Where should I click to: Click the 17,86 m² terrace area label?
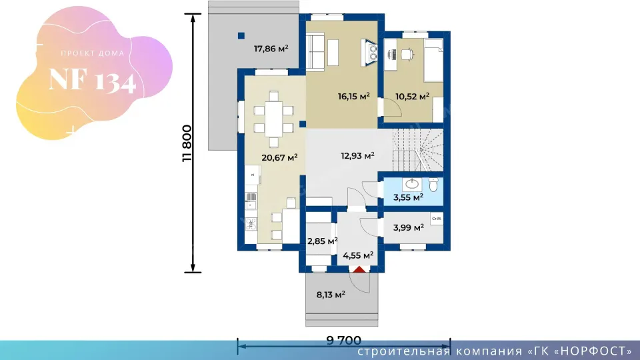click(x=271, y=49)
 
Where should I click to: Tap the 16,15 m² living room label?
click(x=353, y=96)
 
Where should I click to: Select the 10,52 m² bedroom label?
click(x=412, y=96)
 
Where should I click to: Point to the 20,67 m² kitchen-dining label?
click(x=279, y=157)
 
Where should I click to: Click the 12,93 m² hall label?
click(x=357, y=155)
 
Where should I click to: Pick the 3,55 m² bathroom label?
click(x=408, y=197)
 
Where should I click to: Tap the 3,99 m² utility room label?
click(x=408, y=227)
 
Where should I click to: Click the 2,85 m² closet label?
click(x=323, y=241)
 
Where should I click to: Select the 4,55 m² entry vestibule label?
click(x=358, y=255)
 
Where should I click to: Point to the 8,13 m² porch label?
click(x=331, y=294)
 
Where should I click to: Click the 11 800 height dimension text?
click(x=187, y=143)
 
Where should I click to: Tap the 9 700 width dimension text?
click(x=344, y=340)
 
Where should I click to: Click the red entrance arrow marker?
click(x=359, y=269)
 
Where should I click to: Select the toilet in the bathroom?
click(x=433, y=185)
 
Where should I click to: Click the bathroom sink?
click(x=412, y=185)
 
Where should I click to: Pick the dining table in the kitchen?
click(x=273, y=119)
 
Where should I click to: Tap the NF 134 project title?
click(x=92, y=80)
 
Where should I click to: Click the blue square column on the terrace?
click(x=241, y=36)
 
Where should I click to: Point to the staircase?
click(x=417, y=150)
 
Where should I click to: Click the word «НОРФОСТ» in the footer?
click(x=594, y=351)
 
